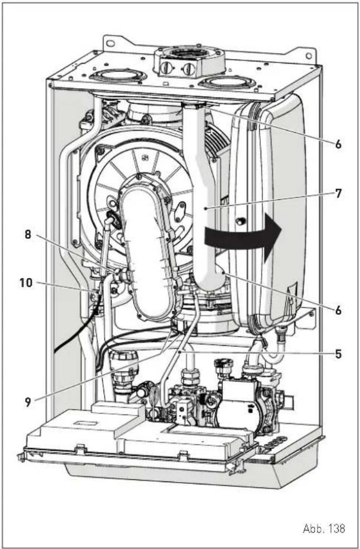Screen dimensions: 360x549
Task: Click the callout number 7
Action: point(338,193)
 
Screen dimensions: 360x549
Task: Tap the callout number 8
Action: point(28,234)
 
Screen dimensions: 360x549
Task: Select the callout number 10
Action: point(26,282)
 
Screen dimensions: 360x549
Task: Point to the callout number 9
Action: point(28,402)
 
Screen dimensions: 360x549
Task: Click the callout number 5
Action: point(338,354)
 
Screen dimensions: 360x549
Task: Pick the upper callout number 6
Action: point(338,144)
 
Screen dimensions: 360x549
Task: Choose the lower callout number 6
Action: point(338,310)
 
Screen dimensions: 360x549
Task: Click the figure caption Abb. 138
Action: point(324,528)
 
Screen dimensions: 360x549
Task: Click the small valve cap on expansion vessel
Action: point(241,221)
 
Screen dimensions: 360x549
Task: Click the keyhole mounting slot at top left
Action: point(111,44)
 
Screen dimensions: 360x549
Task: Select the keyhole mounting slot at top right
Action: point(309,56)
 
